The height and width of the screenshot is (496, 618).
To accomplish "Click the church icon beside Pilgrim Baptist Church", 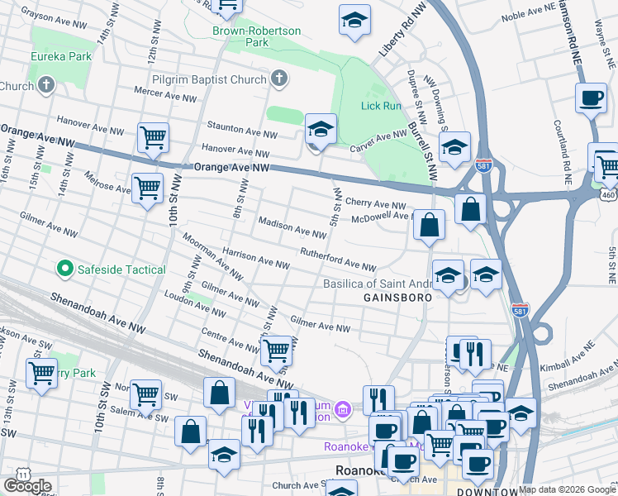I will tap(279, 79).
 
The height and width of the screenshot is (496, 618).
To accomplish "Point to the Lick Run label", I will tap(381, 106).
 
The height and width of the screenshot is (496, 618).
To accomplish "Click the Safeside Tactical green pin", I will tap(64, 269).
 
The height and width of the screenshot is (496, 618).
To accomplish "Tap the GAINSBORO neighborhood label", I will tap(394, 296).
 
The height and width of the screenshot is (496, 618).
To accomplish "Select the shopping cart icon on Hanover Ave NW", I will tap(153, 136).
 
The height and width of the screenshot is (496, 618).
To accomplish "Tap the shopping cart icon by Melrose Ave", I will tap(147, 188).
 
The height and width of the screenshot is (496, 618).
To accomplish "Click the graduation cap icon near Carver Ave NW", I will tap(321, 130).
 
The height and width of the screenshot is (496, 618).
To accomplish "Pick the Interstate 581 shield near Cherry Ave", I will tap(485, 166).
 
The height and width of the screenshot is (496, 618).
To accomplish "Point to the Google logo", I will tap(27, 485).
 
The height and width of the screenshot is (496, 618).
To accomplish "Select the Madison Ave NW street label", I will tap(292, 228).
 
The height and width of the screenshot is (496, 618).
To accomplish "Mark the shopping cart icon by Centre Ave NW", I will tap(276, 351).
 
